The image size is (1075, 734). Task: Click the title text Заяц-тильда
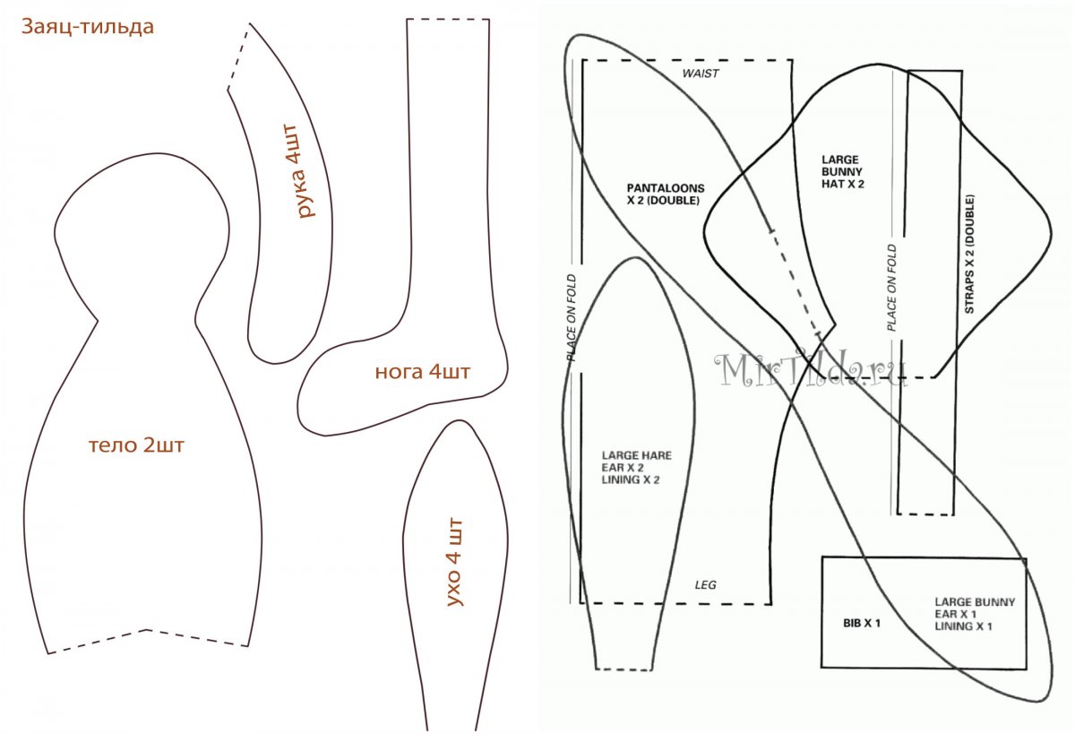(88, 27)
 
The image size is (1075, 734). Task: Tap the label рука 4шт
(306, 172)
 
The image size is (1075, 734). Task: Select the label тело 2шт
(136, 445)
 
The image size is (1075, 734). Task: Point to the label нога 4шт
(421, 371)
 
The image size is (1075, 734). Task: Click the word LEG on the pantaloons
(705, 585)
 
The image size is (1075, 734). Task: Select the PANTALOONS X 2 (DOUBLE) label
(666, 194)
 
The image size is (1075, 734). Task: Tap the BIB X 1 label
(861, 622)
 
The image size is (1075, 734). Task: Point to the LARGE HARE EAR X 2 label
(636, 468)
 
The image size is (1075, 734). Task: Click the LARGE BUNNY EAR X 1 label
(975, 615)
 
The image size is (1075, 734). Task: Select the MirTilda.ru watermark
(811, 369)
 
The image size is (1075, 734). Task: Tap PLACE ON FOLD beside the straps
(891, 288)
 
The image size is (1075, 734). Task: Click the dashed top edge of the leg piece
(448, 19)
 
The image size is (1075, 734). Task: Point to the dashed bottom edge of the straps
(925, 514)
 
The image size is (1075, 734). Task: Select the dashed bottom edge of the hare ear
(623, 669)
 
